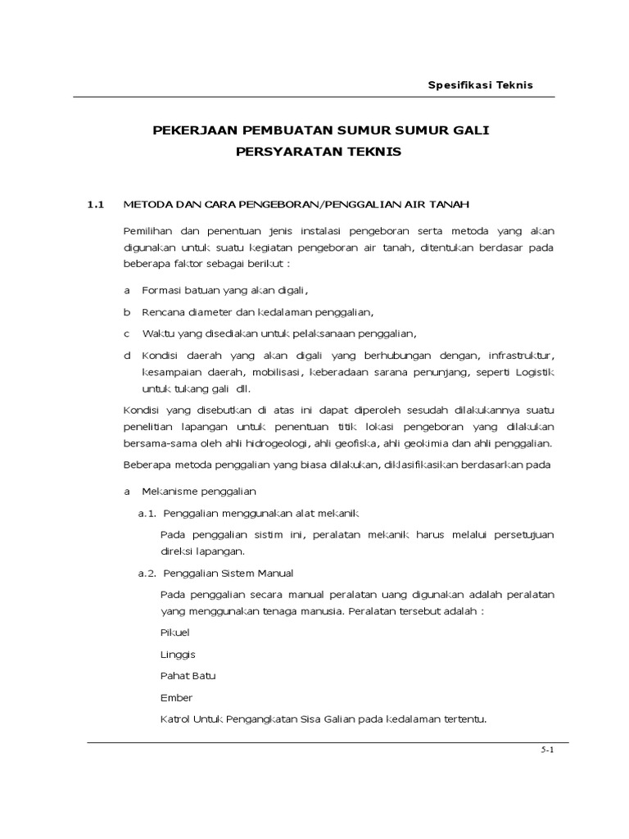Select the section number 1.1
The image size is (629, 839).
pyautogui.click(x=97, y=204)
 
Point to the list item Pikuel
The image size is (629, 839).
pyautogui.click(x=175, y=633)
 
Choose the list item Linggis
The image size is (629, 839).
pyautogui.click(x=179, y=654)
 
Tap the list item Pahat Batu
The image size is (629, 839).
pyautogui.click(x=188, y=676)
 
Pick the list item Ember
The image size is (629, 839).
pyautogui.click(x=177, y=697)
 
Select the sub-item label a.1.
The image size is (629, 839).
pyautogui.click(x=147, y=513)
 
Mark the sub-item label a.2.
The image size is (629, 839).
pyautogui.click(x=147, y=573)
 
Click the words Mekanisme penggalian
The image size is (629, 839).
pyautogui.click(x=199, y=492)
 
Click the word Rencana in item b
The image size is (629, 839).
pyautogui.click(x=163, y=312)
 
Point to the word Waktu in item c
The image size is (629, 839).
pyautogui.click(x=158, y=333)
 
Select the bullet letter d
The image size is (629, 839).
pyautogui.click(x=127, y=355)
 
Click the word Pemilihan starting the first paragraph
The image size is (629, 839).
pyautogui.click(x=150, y=231)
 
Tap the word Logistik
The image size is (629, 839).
pyautogui.click(x=534, y=373)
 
